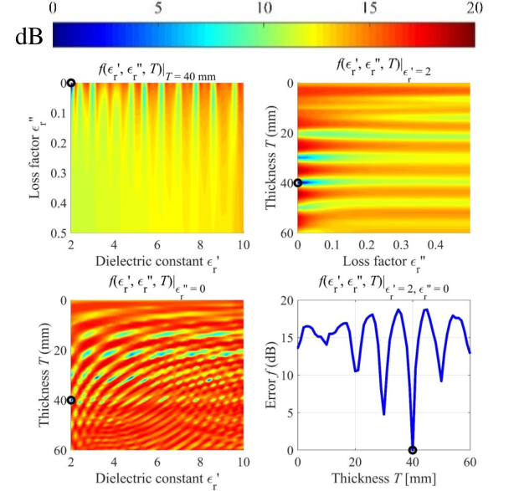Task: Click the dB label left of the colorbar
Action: pos(29,37)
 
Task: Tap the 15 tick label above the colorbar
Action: pos(368,8)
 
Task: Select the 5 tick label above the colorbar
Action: pos(158,8)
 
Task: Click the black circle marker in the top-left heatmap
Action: pos(71,83)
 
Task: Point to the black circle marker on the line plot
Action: pos(413,450)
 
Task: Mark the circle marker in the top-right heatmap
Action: pos(298,182)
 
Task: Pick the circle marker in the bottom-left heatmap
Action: pos(71,400)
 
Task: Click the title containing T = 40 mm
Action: pos(157,73)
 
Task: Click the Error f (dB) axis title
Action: pos(271,376)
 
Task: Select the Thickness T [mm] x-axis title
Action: pos(383,478)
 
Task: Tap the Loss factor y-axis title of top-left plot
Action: pos(36,157)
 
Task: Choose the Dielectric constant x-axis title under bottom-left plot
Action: pos(157,479)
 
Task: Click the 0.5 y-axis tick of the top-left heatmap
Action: pos(59,233)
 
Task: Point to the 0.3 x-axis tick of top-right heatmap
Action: pos(401,245)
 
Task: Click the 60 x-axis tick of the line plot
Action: pos(470,462)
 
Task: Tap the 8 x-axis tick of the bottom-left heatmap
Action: pos(200,462)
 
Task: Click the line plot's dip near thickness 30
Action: pos(384,414)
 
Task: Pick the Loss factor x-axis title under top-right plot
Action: pos(383,263)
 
